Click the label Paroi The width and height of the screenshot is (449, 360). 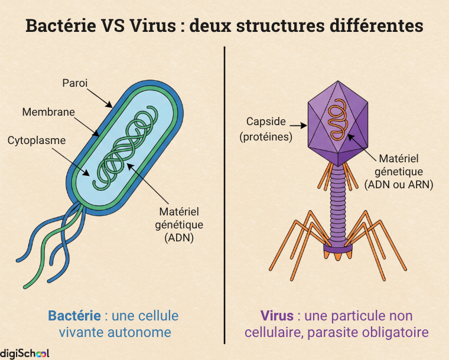tap(75, 83)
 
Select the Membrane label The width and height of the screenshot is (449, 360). tap(48, 112)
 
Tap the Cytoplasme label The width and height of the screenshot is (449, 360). tap(37, 140)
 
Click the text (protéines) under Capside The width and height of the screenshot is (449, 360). tap(266, 137)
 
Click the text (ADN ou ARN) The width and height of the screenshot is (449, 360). tap(399, 185)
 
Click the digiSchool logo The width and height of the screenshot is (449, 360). tap(25, 353)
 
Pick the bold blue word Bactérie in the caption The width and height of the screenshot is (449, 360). tap(73, 316)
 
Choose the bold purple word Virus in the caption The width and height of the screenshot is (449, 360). tap(276, 316)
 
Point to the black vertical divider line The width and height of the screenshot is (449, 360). tap(225, 195)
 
